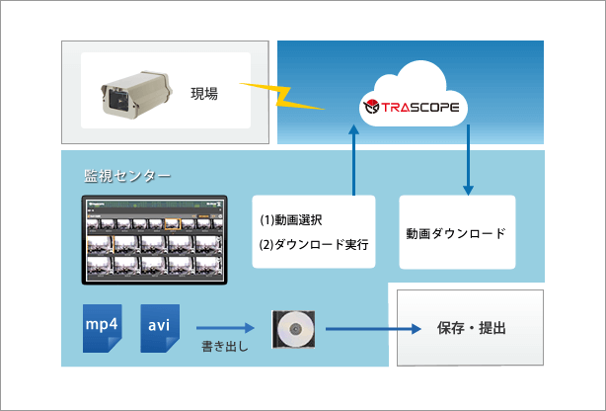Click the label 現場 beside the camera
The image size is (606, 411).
(x=204, y=94)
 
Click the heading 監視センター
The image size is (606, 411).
(x=127, y=176)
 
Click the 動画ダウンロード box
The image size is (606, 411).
(x=456, y=233)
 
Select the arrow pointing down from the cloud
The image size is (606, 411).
(x=468, y=161)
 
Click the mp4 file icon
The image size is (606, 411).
(x=104, y=327)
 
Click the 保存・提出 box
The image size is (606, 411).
(x=470, y=327)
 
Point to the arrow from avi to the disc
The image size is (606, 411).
(x=227, y=325)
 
